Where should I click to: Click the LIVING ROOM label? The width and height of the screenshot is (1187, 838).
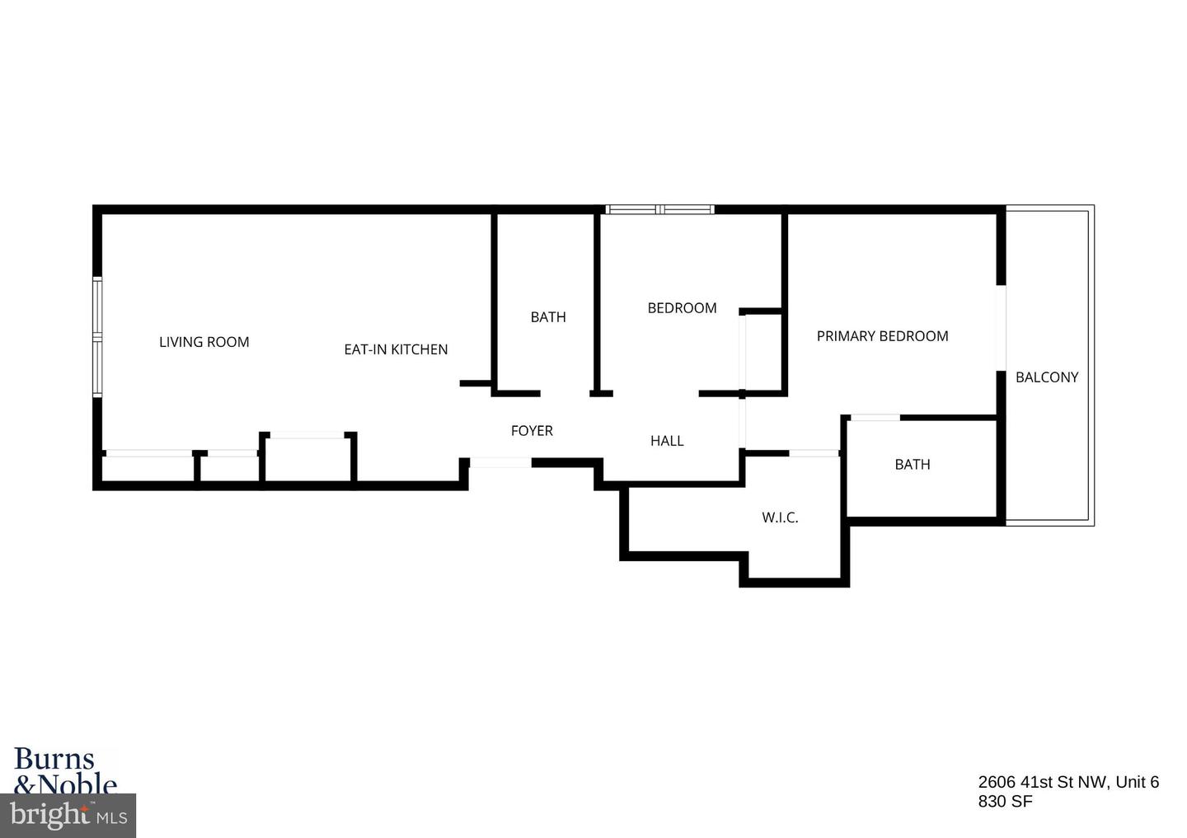click(204, 342)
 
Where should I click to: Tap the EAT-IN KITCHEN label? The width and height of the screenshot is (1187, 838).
click(396, 349)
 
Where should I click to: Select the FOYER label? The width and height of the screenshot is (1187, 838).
click(532, 430)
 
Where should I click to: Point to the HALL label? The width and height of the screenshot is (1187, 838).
click(667, 441)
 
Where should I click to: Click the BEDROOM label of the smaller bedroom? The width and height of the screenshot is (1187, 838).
click(682, 308)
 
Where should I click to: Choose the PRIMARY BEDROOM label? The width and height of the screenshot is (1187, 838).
click(882, 336)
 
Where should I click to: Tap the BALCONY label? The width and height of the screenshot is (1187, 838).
click(1047, 377)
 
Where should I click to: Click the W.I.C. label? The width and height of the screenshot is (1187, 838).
click(780, 518)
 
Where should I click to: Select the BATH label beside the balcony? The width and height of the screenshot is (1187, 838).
click(913, 465)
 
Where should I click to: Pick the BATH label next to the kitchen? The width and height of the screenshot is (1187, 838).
click(548, 317)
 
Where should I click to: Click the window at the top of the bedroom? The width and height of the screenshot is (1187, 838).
click(659, 210)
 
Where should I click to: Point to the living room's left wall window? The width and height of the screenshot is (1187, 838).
click(97, 337)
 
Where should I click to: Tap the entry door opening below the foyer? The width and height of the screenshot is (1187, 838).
click(500, 463)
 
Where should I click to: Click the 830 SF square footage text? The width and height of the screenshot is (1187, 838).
click(1005, 801)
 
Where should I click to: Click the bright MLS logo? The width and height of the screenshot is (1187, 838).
click(68, 816)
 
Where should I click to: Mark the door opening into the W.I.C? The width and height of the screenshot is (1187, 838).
click(814, 453)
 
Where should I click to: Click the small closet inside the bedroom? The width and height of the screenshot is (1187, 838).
click(763, 351)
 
